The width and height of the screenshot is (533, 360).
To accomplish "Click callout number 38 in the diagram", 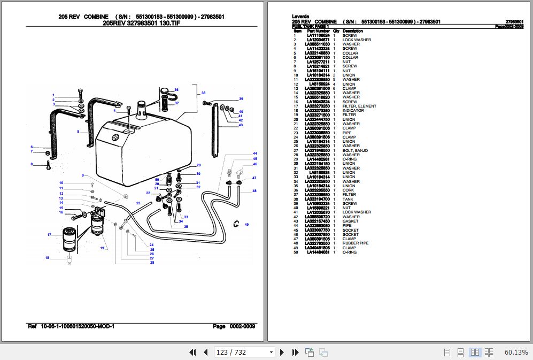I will [203, 94].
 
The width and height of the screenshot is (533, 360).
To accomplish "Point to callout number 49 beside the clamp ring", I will [246, 225].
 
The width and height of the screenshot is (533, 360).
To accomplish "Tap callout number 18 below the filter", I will [47, 258].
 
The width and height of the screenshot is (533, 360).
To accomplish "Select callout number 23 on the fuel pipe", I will [138, 203].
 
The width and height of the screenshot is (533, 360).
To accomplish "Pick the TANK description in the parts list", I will [347, 199].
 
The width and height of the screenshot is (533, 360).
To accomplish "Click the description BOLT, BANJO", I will [355, 150].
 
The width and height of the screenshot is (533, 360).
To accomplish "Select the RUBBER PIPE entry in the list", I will [356, 243].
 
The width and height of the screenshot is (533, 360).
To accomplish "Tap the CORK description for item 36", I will [349, 190].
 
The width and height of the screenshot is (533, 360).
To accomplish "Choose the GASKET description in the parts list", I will [351, 221].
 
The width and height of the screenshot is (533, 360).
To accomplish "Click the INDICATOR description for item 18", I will [353, 111].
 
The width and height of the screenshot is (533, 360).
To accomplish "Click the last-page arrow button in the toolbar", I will [295, 352].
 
